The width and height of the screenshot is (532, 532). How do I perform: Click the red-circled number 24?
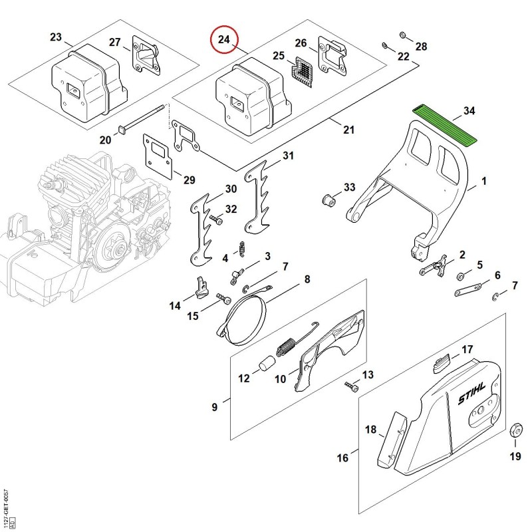pos(224,39)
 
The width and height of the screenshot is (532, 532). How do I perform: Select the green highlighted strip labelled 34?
pos(444,126)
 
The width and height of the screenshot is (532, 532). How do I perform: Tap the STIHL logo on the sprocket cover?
pos(472,394)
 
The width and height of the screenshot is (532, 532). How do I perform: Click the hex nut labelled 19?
pos(516,431)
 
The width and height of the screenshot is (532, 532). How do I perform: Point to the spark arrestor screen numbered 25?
pos(303,71)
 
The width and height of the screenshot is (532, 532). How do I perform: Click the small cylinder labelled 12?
pos(267,363)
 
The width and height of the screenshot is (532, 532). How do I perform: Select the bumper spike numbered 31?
pos(258,197)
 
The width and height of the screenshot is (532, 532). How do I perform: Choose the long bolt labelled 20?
pos(142,118)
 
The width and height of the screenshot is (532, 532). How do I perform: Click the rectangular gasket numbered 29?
pos(157,156)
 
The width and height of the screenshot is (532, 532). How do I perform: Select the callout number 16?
pos(342,458)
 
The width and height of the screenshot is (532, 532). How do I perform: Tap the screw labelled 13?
pos(352,386)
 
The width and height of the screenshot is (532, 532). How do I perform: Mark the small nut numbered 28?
pos(403,35)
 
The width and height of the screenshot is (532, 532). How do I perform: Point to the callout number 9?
pos(214,406)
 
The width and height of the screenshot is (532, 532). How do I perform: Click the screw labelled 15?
pos(224,299)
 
